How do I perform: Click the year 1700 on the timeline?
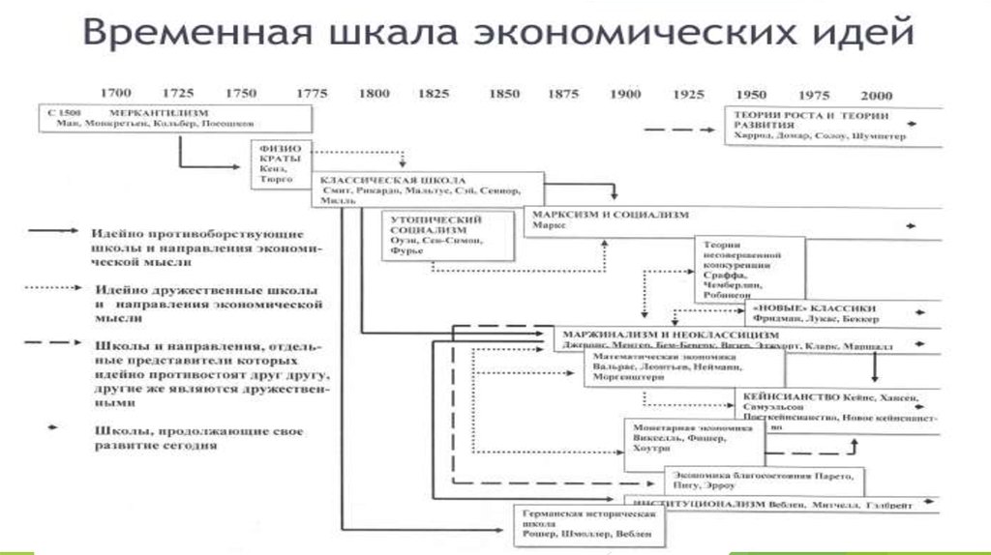116,94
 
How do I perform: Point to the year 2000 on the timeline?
876,95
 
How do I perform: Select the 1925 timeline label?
688,94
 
